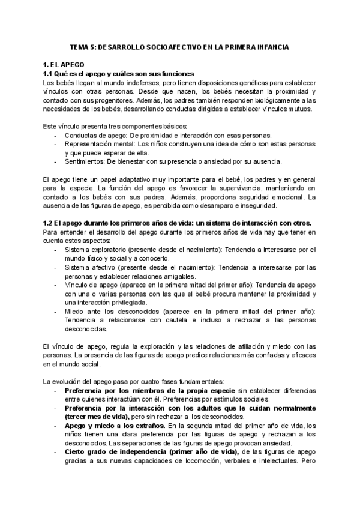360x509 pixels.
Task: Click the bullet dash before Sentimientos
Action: point(56,161)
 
